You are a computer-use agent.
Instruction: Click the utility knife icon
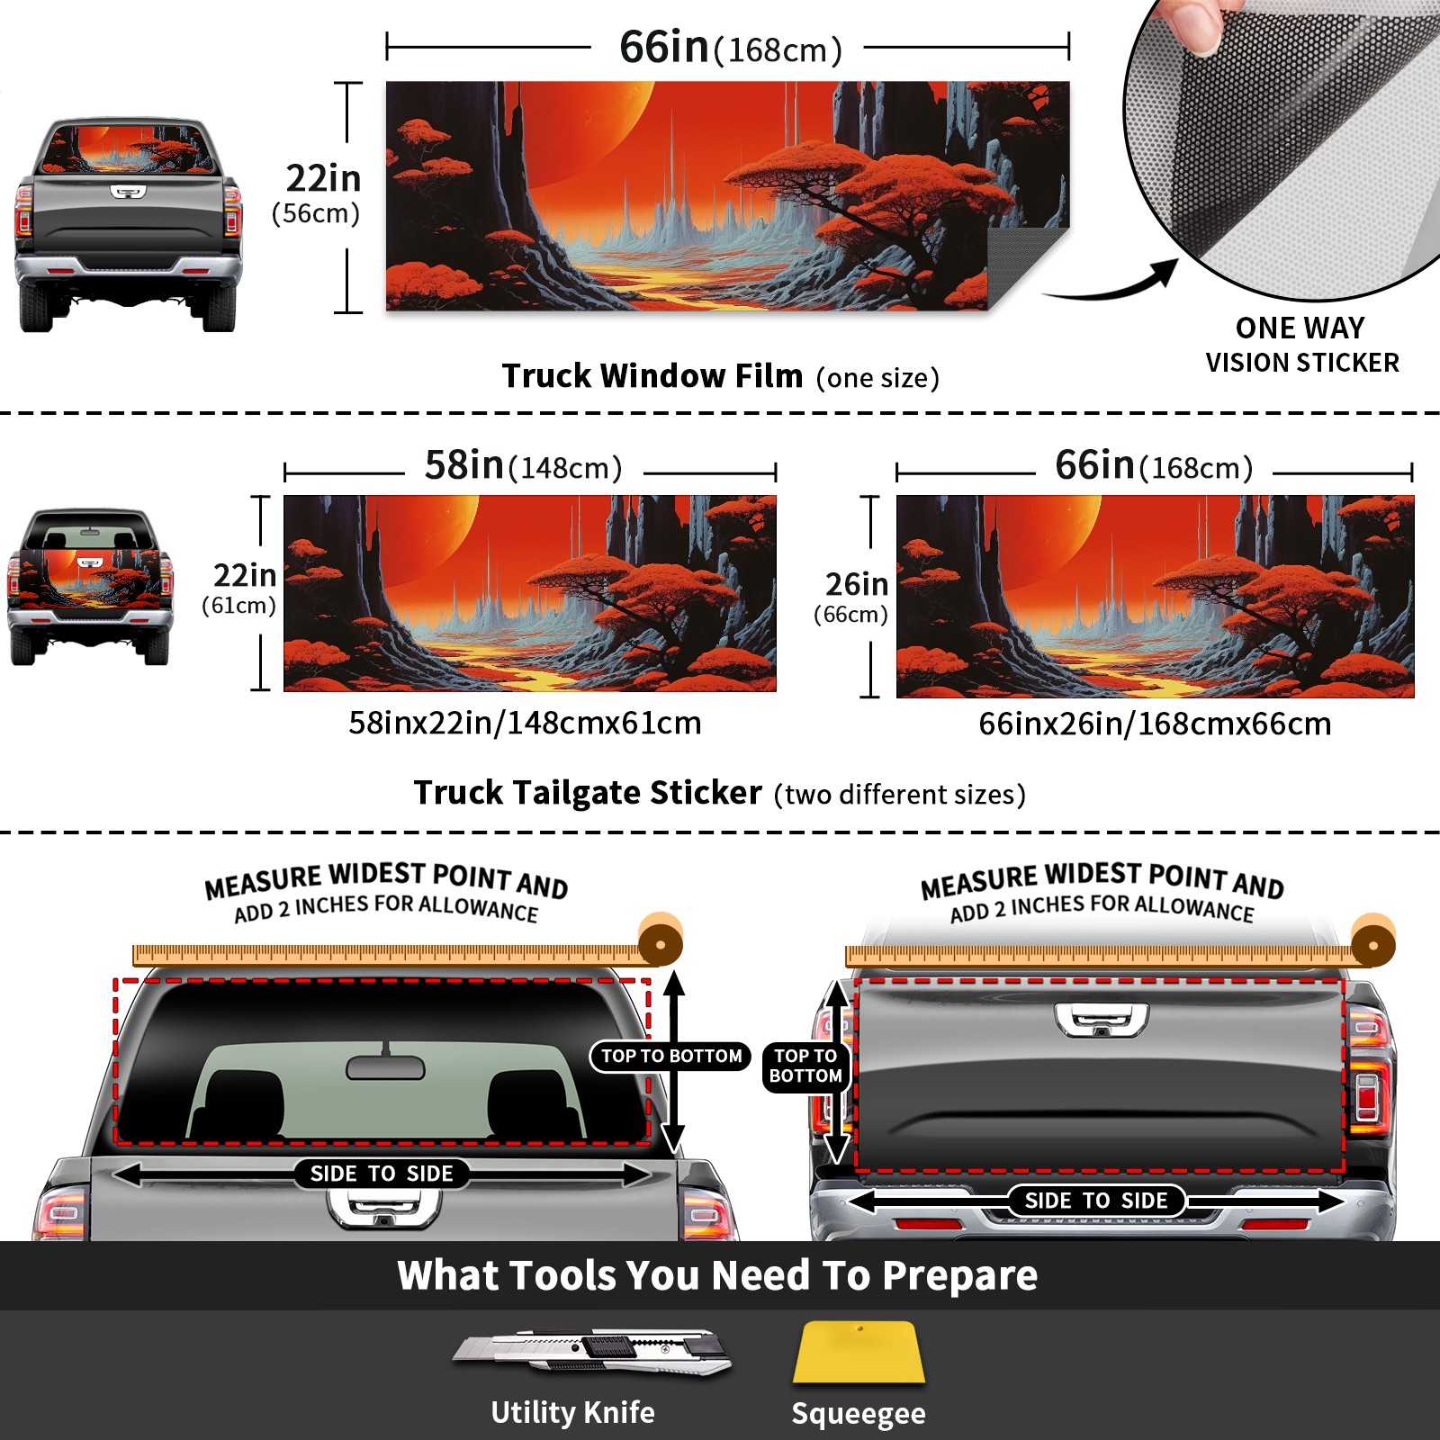tap(592, 1351)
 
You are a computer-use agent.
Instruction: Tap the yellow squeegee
tap(859, 1353)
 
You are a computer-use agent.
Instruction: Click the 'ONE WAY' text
tap(1300, 328)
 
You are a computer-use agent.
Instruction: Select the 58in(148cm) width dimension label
tap(523, 466)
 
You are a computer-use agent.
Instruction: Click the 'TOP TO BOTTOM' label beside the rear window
tap(671, 1056)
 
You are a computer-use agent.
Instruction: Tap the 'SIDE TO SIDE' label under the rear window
tap(382, 1174)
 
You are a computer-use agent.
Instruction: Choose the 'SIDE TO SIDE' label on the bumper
tap(1096, 1201)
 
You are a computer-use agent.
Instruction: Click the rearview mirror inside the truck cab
tap(385, 1066)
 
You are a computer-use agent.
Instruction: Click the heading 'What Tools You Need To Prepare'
tap(717, 1275)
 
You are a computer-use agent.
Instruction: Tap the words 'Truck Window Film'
tap(652, 375)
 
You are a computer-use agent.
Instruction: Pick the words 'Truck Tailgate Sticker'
tap(588, 793)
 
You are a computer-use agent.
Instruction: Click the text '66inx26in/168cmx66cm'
tap(1155, 724)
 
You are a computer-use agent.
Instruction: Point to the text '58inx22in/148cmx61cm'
tap(525, 723)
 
